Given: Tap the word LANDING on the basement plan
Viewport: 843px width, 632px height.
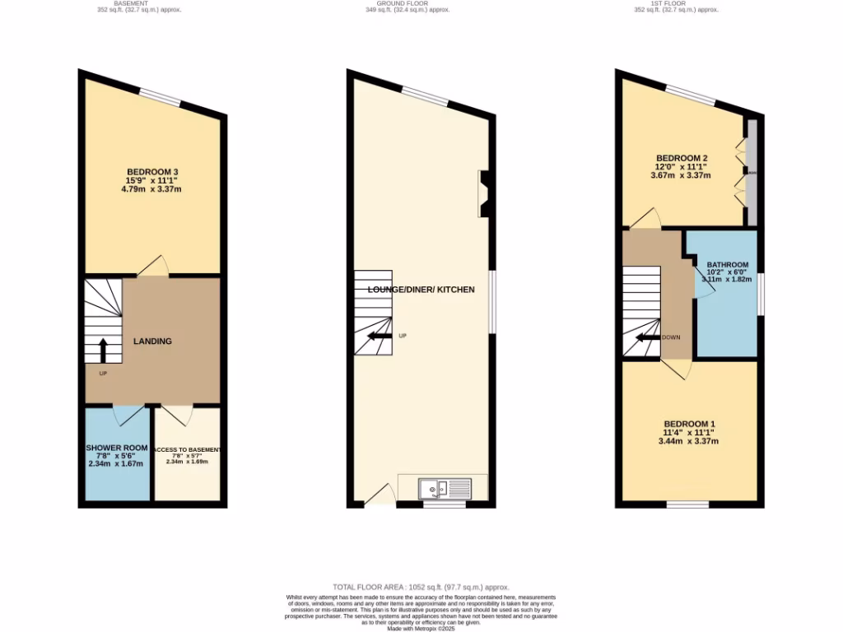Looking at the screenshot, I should [x=153, y=341].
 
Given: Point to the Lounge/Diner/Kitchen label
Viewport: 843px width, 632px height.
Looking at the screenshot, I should [x=421, y=290].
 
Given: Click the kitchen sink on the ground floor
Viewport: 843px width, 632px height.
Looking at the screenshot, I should [x=444, y=489].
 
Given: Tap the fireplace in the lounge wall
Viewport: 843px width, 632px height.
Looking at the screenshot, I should [x=486, y=193].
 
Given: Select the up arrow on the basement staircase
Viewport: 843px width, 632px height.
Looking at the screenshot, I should [x=103, y=351].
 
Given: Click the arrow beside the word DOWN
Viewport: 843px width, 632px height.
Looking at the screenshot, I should [x=646, y=337].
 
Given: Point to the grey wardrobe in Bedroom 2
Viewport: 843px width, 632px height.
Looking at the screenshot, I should [x=751, y=172].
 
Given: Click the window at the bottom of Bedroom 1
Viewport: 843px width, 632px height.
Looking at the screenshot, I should [x=687, y=504].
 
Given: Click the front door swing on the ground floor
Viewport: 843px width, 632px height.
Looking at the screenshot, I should [x=379, y=495].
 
